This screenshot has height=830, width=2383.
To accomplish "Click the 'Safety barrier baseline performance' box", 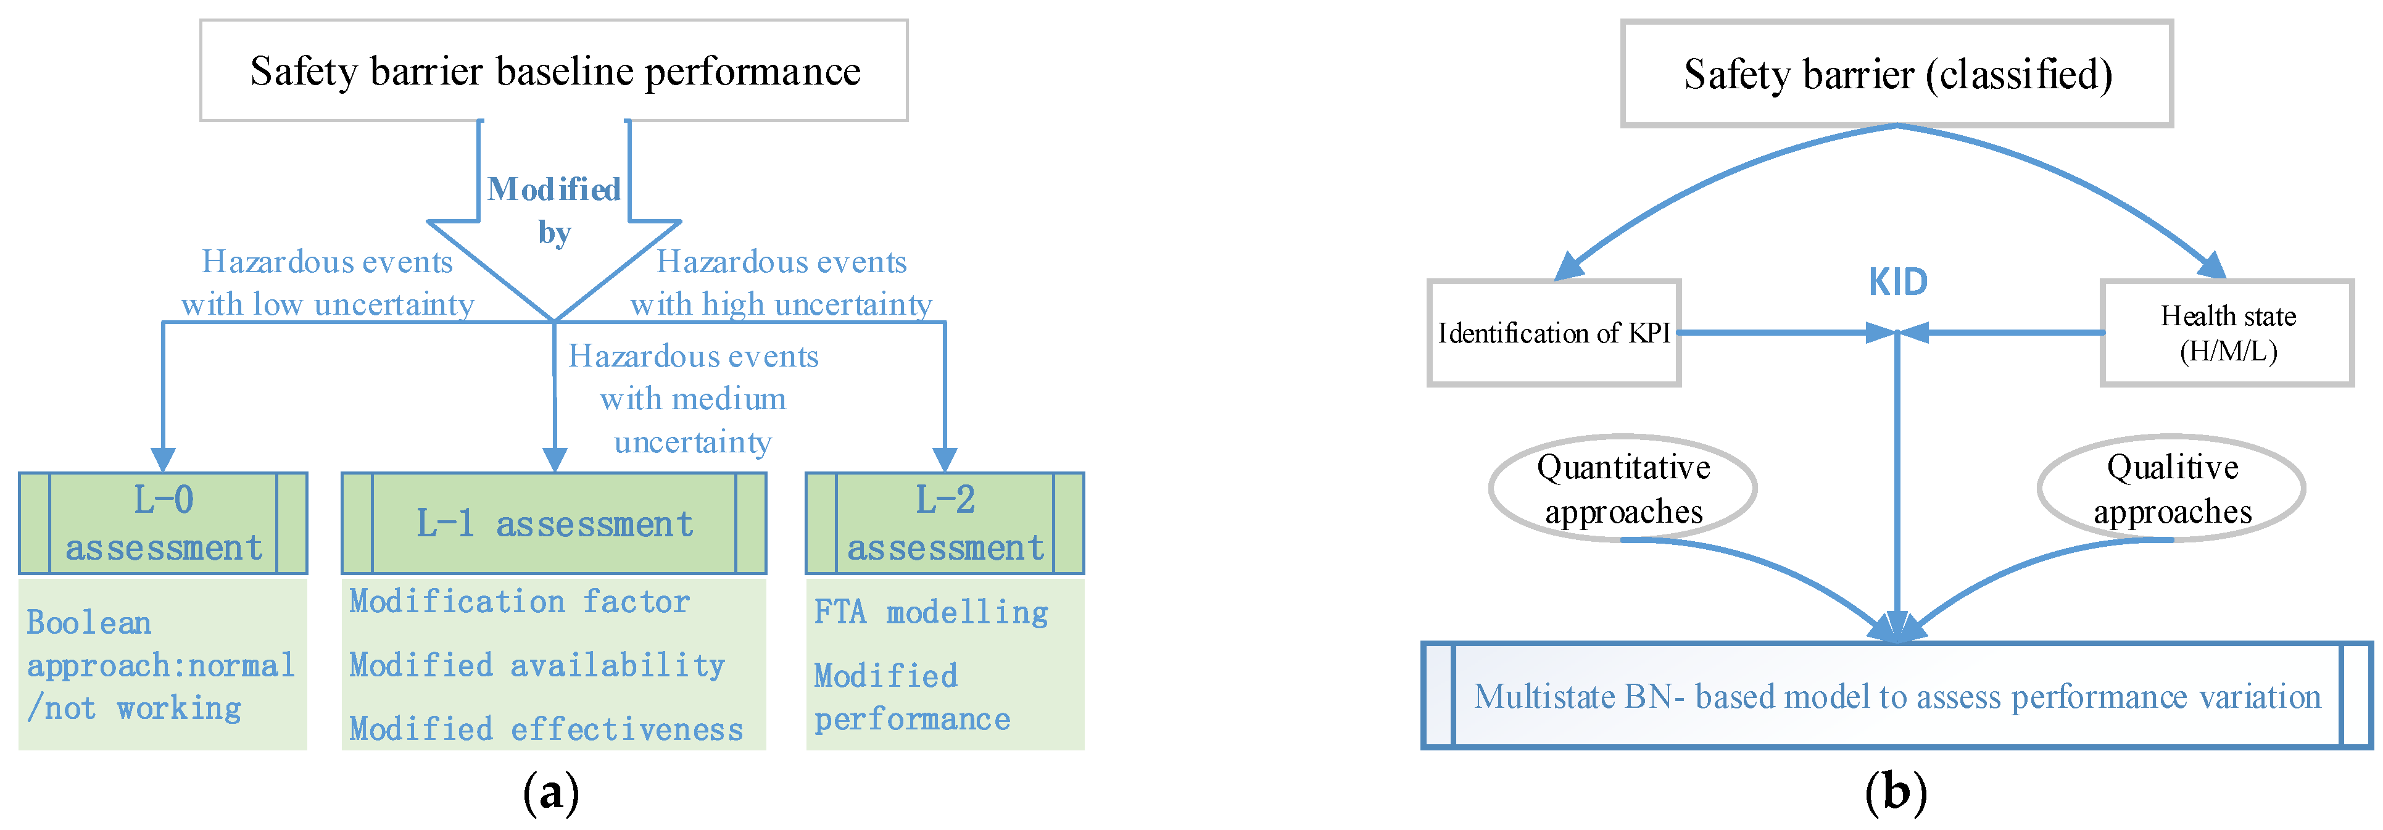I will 553,71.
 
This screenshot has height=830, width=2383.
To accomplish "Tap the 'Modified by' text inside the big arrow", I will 553,210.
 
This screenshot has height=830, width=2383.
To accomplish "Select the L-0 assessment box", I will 163,523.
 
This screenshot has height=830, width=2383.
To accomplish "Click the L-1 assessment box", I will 553,523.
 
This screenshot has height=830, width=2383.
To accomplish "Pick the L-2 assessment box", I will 945,523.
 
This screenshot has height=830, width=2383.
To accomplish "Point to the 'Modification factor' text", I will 519,602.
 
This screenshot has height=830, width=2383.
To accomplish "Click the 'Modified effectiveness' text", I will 546,729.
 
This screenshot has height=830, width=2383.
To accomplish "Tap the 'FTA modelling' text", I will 930,612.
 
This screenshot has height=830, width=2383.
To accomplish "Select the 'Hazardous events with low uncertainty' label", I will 328,282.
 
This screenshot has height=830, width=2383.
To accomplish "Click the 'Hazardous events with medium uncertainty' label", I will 693,399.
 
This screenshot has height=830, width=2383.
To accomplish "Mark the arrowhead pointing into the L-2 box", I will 945,459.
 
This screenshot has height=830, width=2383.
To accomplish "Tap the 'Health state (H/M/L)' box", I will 2227,332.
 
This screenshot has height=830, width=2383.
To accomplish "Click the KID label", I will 1897,282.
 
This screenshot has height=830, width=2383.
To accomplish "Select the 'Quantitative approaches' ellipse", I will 1623,489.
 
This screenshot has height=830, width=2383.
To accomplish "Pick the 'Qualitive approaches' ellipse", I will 2171,489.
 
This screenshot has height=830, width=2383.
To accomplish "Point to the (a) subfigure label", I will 552,792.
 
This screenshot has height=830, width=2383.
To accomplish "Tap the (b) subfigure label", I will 1896,792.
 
